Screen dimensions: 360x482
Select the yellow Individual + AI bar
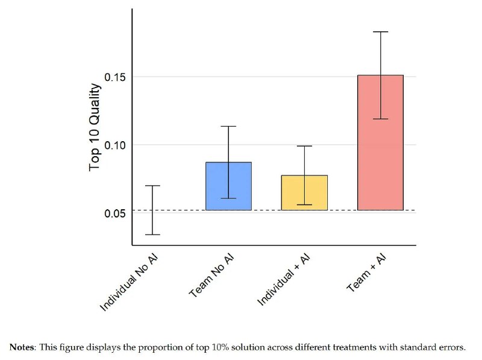304,192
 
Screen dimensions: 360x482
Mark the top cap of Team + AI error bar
380,31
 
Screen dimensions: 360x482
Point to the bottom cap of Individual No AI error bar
152,235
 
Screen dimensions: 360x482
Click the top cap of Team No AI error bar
228,126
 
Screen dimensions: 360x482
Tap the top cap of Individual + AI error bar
304,146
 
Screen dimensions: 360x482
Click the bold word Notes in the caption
23,347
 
